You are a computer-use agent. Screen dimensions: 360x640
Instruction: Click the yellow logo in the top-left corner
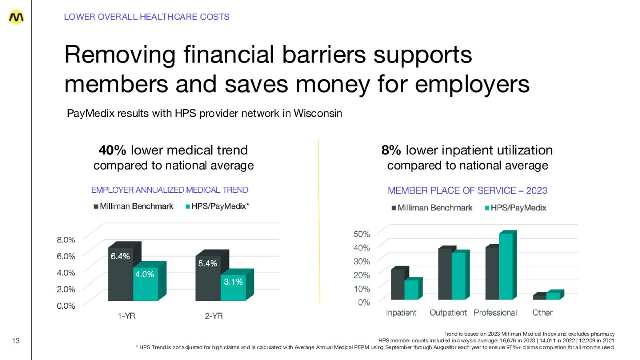16,17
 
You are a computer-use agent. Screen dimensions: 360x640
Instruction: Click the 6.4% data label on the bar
120,256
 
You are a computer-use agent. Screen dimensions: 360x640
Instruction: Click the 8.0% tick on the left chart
66,240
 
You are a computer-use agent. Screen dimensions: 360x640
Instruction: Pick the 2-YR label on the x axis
214,316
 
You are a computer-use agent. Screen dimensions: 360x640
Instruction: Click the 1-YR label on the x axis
126,316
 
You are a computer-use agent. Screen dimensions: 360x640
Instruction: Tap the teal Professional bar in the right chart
506,266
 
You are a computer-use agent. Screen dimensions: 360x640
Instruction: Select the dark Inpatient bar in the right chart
397,284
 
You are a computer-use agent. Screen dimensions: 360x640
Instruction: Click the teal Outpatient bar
458,276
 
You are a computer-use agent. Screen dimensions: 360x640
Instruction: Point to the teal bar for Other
553,296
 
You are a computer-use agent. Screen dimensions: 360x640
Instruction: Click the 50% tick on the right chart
362,234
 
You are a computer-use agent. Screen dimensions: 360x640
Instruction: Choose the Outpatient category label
448,313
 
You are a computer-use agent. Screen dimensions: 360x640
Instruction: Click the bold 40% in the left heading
112,150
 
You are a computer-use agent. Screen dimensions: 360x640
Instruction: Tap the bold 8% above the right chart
391,150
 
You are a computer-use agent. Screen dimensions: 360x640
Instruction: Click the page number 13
16,341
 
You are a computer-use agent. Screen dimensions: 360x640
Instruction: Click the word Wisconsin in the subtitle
318,114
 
